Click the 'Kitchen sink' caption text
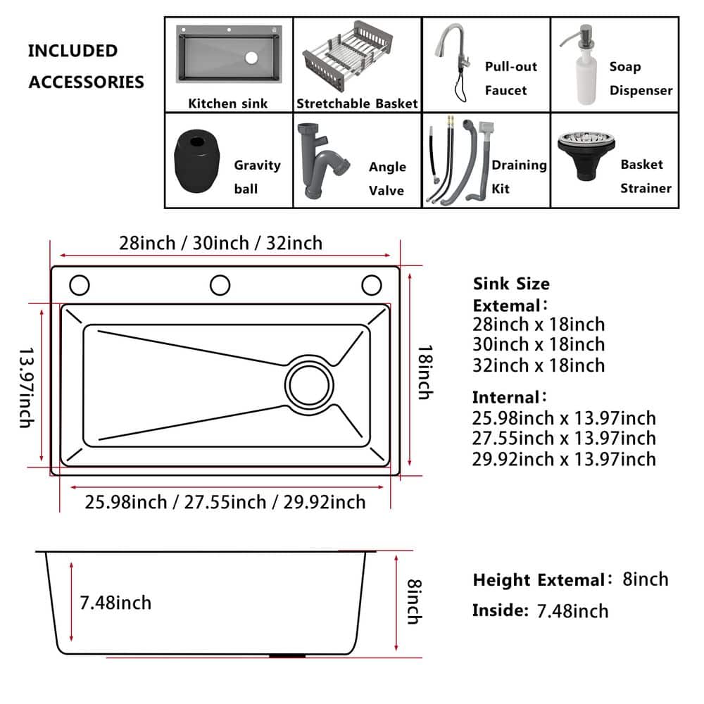click(227, 103)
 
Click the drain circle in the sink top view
click(309, 384)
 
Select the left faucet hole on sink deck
click(80, 285)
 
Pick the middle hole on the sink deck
click(220, 285)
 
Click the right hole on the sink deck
click(372, 285)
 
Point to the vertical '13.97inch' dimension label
click(25, 386)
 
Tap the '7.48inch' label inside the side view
click(115, 603)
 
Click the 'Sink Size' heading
click(511, 284)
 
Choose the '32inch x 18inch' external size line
click(539, 365)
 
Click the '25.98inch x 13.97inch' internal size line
click(564, 418)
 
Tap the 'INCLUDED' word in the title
click(73, 51)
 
